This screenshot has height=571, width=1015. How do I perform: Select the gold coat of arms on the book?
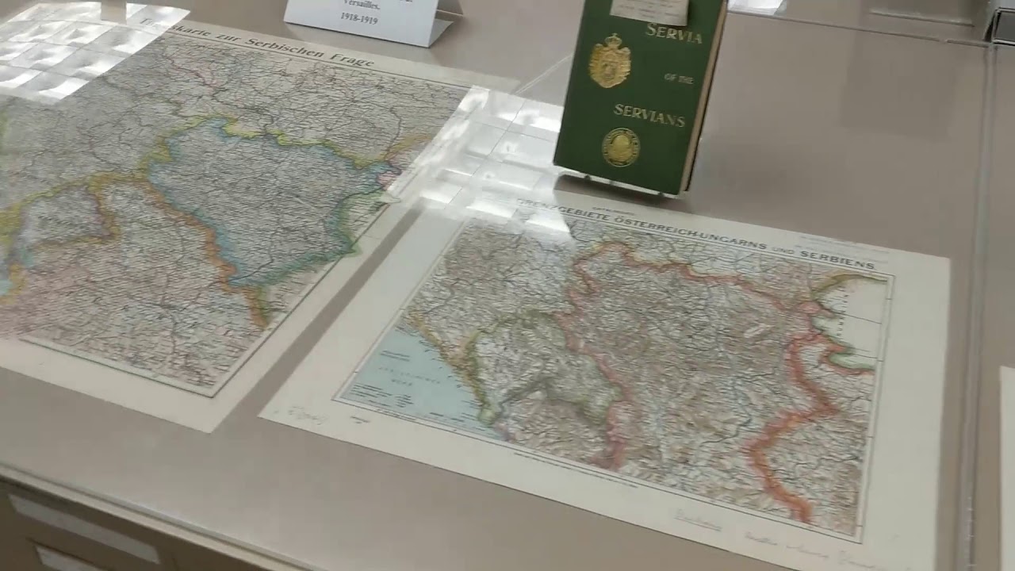pos(609,61)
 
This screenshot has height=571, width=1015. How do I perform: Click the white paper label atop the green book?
pos(649,10)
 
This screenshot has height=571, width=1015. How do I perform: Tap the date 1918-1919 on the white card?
pos(358,17)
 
